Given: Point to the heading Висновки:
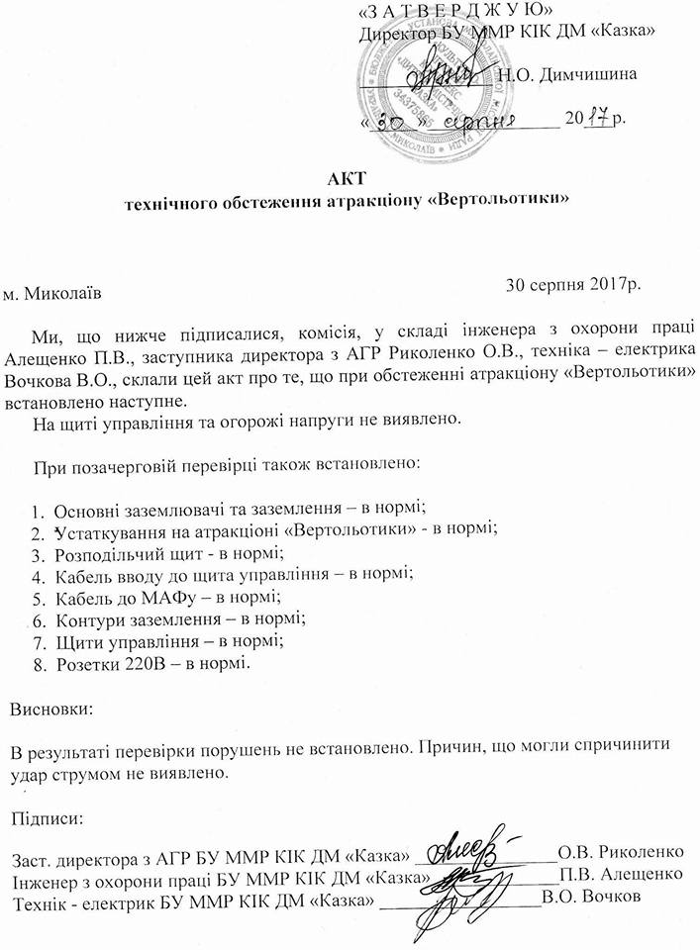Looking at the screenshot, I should pos(52,710).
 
